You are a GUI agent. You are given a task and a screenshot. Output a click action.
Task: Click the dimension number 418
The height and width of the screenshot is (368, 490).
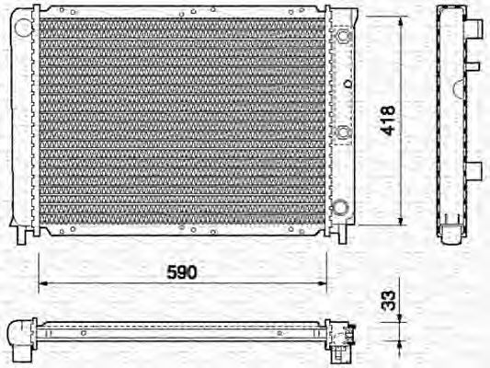tap(390, 121)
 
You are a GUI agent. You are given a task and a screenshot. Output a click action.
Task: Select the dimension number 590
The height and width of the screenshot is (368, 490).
tap(182, 272)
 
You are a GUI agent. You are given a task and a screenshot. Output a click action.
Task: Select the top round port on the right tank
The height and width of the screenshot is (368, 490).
tap(343, 37)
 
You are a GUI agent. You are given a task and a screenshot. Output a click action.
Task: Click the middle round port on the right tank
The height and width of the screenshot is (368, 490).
tap(343, 132)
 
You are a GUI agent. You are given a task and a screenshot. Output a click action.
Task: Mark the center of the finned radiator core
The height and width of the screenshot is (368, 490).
tap(182, 120)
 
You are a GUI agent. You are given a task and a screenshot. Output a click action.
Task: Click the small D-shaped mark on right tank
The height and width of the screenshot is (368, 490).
tap(348, 85)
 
